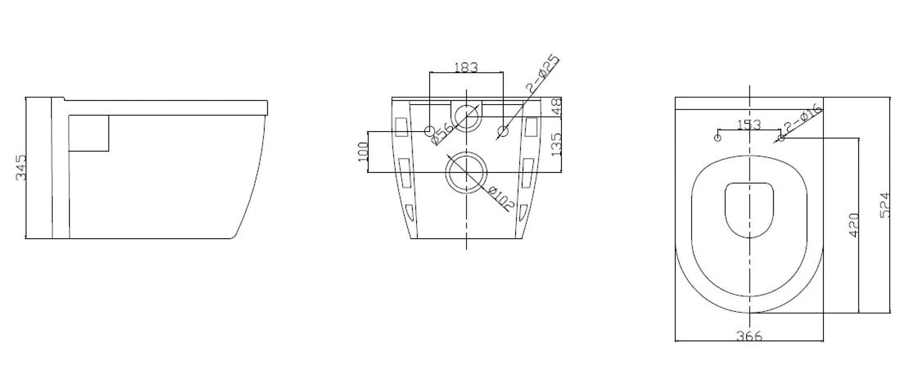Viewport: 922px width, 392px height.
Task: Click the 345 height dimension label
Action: click(21, 168)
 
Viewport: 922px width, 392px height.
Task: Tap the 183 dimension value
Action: click(466, 68)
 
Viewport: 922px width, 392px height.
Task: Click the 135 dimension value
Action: click(556, 144)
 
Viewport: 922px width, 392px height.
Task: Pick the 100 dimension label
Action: click(363, 151)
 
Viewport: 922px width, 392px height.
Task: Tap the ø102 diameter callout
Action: click(500, 199)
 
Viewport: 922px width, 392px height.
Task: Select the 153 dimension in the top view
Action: click(749, 125)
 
